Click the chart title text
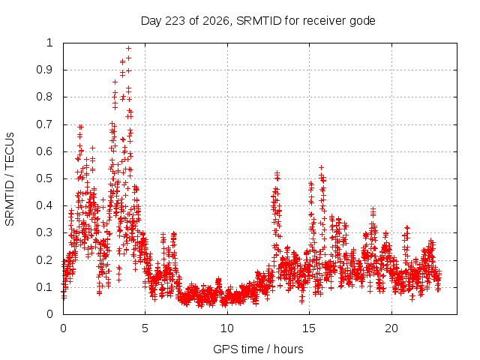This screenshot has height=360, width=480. [x=258, y=21]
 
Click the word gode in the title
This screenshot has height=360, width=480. [x=362, y=22]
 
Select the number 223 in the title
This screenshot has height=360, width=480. [x=175, y=21]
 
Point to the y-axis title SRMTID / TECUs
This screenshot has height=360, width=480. [x=10, y=179]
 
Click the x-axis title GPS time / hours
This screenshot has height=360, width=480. [x=258, y=349]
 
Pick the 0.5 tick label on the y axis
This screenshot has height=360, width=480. [x=45, y=178]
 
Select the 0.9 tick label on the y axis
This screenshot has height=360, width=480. [x=45, y=70]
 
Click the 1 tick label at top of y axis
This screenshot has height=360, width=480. [x=49, y=43]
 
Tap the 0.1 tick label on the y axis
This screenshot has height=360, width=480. [x=45, y=287]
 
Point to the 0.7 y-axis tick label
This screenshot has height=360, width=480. [x=45, y=124]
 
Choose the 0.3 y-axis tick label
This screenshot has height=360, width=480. [x=45, y=232]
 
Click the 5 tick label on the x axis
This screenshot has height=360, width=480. [x=145, y=328]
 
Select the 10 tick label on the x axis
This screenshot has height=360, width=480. [x=226, y=328]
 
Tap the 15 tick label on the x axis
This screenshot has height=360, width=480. [x=309, y=328]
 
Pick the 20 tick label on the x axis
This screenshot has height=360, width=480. [x=391, y=328]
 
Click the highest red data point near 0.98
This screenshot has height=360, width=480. [x=128, y=48]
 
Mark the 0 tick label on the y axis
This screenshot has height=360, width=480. [x=49, y=314]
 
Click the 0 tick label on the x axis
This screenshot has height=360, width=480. [x=63, y=328]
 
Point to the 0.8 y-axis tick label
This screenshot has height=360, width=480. [x=45, y=97]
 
